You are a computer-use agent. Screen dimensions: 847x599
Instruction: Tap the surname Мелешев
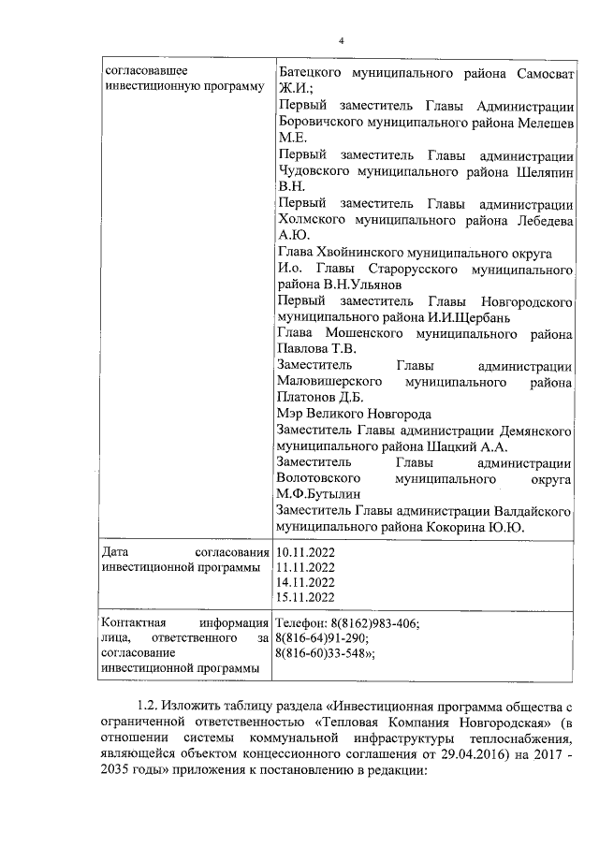click(x=538, y=120)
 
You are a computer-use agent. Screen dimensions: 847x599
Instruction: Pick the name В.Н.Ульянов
click(x=362, y=285)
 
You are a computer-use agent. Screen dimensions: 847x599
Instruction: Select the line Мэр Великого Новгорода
click(x=354, y=414)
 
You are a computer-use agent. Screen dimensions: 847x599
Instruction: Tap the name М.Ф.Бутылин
click(x=319, y=494)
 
